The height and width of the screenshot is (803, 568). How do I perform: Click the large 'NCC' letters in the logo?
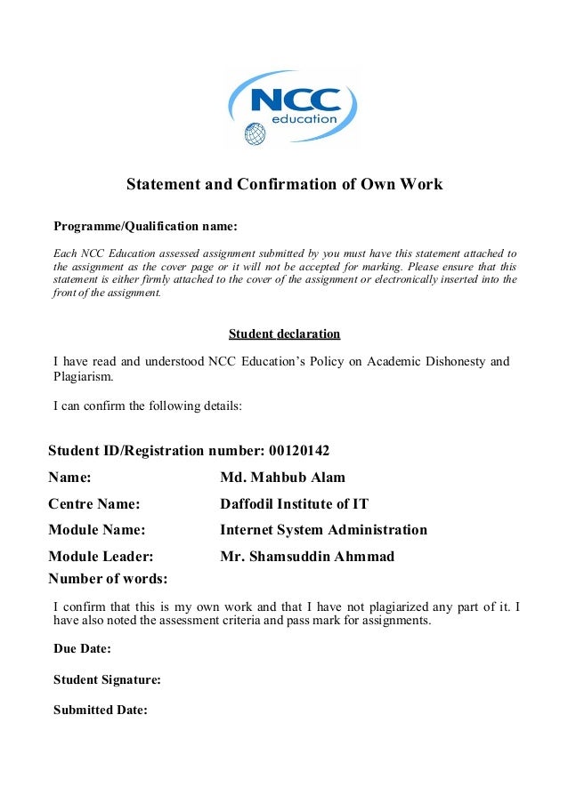click(296, 98)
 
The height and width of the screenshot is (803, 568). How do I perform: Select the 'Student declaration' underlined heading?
click(284, 334)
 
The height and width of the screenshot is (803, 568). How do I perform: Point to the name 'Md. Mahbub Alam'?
click(282, 478)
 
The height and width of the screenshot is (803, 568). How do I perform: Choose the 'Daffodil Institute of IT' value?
click(294, 504)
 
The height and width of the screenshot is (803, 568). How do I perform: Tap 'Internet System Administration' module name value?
click(323, 530)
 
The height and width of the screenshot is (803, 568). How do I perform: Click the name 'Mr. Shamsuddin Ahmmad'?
click(306, 557)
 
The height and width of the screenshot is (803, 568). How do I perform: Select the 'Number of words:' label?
click(108, 579)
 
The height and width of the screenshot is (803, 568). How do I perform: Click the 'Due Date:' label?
click(82, 648)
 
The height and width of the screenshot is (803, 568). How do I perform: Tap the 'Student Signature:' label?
click(107, 679)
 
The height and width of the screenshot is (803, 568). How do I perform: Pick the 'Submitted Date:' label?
click(100, 710)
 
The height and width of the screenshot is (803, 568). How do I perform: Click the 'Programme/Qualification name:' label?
click(145, 226)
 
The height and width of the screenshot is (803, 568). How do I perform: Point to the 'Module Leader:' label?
click(101, 557)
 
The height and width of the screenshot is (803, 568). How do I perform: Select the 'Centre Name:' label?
click(93, 504)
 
